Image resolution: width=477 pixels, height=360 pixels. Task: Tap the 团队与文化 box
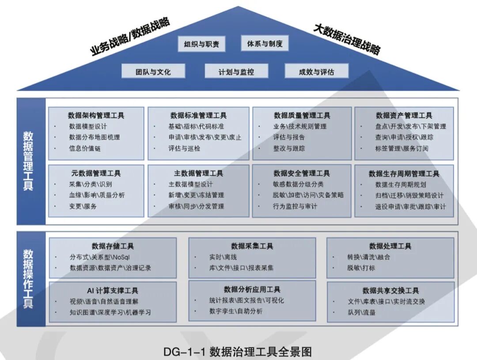point(153,72)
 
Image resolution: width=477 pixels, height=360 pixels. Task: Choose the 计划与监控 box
point(236,72)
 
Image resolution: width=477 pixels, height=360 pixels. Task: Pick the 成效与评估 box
point(316,72)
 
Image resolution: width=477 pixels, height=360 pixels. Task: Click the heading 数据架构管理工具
point(96,115)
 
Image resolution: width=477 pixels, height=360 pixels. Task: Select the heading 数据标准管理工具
point(198,115)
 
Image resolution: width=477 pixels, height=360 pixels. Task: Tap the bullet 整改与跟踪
point(289,148)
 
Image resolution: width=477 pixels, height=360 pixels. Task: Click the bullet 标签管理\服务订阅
point(401,148)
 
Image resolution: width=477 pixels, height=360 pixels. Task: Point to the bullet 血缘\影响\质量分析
point(97,195)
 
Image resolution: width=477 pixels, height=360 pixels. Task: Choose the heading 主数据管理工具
point(198,173)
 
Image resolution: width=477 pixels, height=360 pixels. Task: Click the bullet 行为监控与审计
point(295,206)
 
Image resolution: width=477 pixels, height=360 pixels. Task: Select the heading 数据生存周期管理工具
point(404,174)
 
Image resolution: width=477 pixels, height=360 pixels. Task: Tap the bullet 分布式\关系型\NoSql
point(99,257)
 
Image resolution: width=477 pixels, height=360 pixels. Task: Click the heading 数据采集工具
point(252,246)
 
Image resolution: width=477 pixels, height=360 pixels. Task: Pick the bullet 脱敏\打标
point(361,268)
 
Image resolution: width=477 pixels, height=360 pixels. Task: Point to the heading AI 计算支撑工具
point(112,290)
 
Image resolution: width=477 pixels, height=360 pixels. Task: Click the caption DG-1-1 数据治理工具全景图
point(238,352)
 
